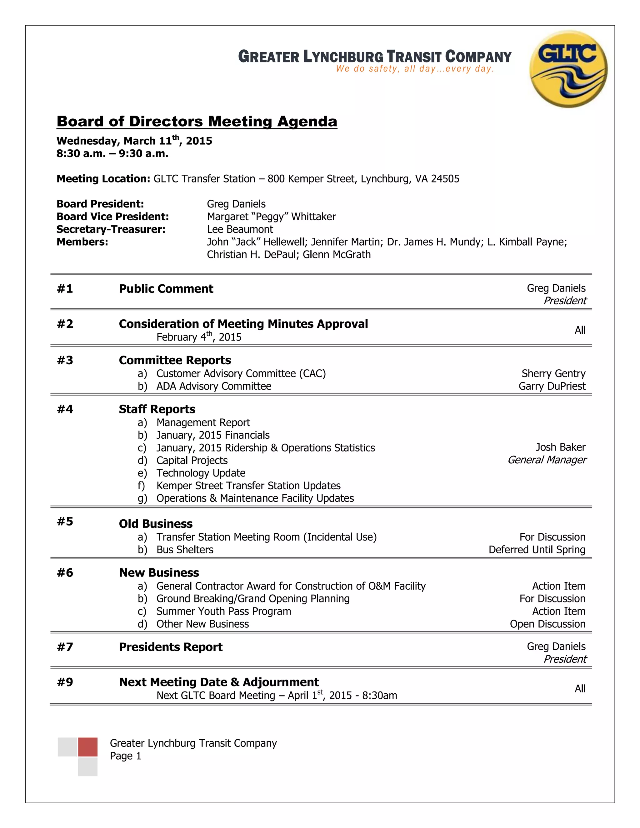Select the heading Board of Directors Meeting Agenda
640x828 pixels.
[197, 121]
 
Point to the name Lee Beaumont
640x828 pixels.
[240, 229]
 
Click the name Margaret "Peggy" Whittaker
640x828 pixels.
[271, 217]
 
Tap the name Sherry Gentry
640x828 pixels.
[553, 373]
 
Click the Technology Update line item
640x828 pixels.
[201, 473]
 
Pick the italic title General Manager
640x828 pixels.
[547, 460]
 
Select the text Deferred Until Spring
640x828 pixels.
[537, 549]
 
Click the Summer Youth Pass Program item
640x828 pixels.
[224, 611]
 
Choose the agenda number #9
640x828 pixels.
[65, 682]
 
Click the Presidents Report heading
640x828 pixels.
[171, 647]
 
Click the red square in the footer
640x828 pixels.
[87, 747]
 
